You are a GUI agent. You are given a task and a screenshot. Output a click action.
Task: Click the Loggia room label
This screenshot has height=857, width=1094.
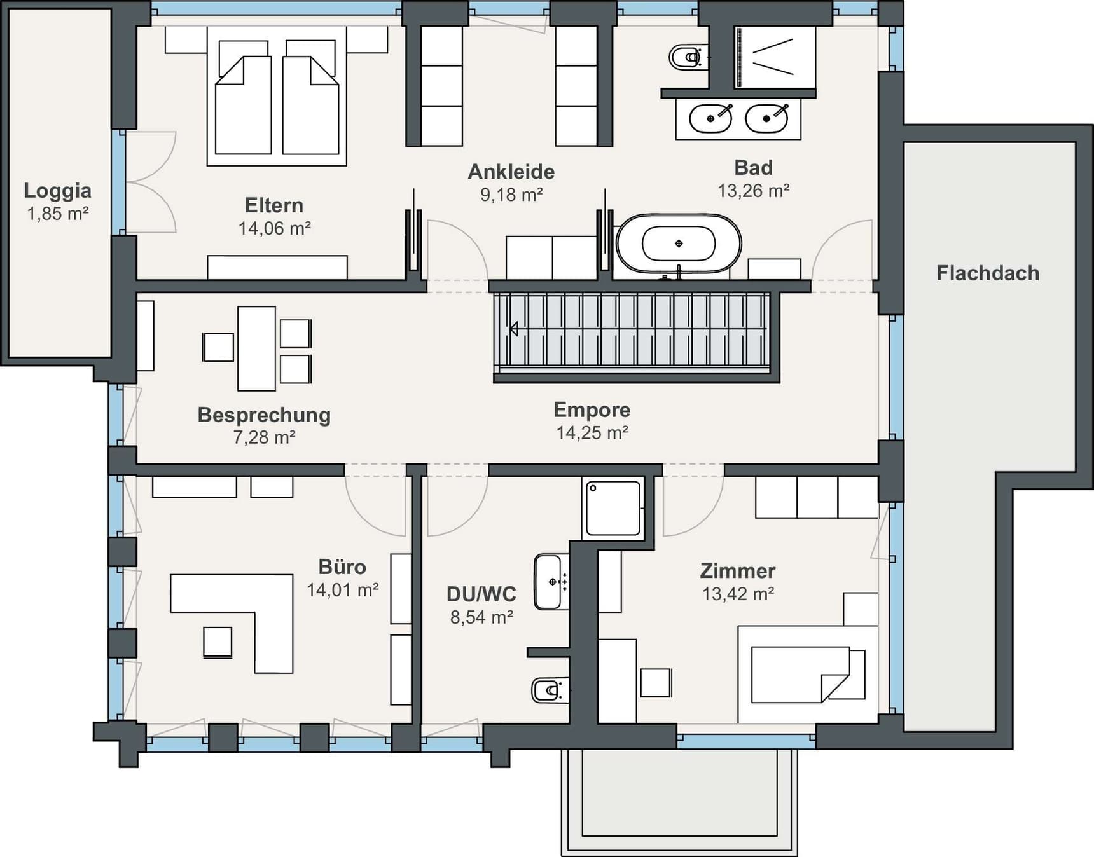point(57,191)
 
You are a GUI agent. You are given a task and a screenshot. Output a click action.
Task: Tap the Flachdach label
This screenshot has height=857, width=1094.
point(988,273)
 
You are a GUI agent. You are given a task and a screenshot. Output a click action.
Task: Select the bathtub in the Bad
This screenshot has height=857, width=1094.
point(679,243)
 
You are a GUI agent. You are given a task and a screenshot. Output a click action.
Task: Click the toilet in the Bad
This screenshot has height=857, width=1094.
point(688,57)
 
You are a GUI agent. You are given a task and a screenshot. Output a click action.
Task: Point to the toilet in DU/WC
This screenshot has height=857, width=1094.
point(550,690)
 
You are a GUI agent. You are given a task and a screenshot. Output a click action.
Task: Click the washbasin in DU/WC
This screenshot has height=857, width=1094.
point(551,582)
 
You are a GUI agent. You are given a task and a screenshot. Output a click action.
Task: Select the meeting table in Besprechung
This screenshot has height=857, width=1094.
point(256,348)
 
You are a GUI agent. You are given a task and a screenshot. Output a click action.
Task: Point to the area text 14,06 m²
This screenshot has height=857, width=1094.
point(274,228)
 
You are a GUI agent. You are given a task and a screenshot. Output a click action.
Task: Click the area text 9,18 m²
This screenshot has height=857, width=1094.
point(511,195)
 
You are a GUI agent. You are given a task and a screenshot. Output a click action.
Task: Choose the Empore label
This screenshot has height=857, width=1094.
point(592,410)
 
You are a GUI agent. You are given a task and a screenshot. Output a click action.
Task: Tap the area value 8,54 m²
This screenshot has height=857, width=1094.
point(481,617)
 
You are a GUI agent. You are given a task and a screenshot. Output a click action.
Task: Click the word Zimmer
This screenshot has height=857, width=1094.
point(738,571)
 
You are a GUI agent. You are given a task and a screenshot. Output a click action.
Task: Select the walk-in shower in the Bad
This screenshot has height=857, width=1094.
point(775,57)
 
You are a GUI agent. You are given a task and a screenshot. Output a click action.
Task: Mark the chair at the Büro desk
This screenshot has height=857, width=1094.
point(218,641)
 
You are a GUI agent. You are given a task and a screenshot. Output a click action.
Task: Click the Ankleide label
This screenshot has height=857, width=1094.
point(511,172)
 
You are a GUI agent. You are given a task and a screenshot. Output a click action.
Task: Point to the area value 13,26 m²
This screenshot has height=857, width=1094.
point(754,191)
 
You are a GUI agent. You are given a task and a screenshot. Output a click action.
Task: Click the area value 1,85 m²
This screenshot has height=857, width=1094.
point(57,214)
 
